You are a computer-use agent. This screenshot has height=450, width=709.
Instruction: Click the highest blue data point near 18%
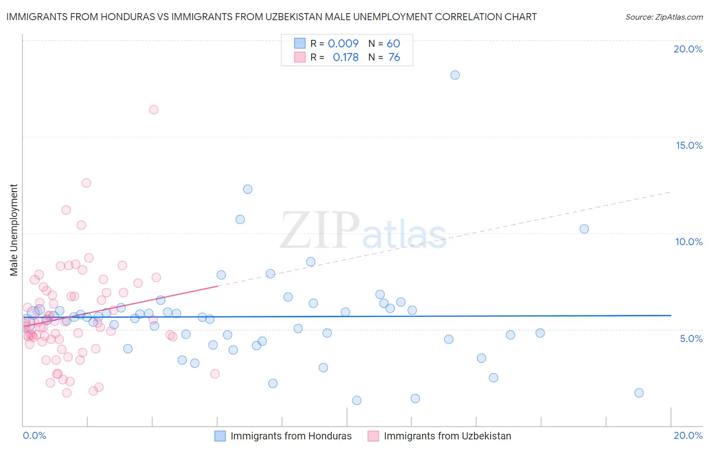[455, 75]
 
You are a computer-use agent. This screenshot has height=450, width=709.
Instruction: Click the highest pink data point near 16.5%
[154, 109]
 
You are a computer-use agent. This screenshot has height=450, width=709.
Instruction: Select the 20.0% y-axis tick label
[688, 49]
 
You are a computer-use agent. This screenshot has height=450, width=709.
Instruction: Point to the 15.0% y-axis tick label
[689, 145]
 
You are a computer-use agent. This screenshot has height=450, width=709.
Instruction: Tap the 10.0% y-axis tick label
[689, 242]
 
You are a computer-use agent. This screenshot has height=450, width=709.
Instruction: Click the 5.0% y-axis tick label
[691, 339]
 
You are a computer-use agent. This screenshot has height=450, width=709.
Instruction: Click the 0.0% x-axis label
[34, 435]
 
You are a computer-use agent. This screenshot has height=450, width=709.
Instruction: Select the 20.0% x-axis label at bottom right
[688, 435]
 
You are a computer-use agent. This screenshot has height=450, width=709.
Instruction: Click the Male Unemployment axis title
[14, 230]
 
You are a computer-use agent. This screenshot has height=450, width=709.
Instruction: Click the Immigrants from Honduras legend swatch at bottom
[220, 436]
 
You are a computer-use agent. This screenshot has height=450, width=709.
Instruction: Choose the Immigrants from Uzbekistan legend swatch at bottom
[373, 436]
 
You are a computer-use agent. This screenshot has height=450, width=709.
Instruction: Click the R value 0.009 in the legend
[343, 43]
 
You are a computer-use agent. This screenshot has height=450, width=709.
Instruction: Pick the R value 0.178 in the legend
[345, 58]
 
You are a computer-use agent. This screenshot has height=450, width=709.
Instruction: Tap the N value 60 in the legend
[393, 43]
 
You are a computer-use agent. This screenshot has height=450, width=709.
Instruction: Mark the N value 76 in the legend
[394, 58]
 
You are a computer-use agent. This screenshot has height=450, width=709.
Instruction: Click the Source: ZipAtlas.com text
[664, 17]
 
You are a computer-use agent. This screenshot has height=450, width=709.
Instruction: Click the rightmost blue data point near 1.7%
[639, 393]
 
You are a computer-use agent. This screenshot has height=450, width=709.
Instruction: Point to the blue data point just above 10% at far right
[584, 229]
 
